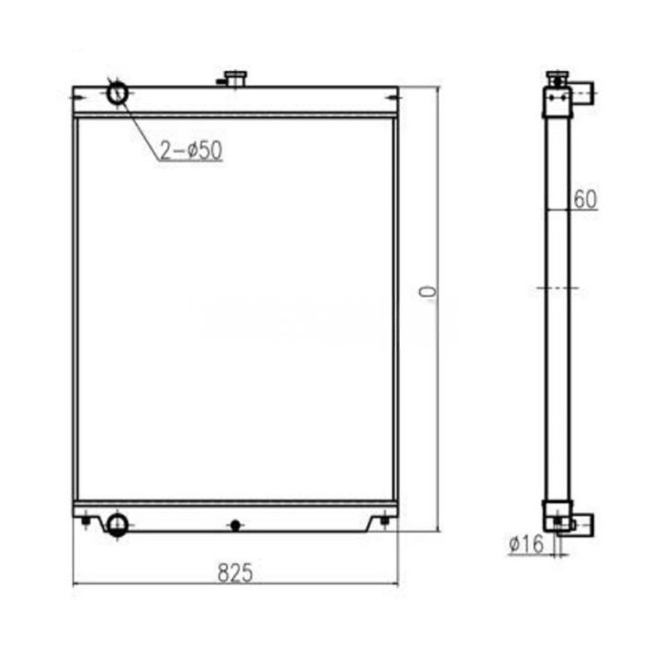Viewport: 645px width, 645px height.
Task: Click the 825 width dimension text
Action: pos(235,571)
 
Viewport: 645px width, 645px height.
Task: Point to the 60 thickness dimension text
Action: pos(585,198)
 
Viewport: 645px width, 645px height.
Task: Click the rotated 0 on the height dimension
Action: pos(426,292)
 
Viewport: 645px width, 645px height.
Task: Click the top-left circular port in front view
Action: pos(118,93)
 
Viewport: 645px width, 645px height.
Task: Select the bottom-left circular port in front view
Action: pos(117,524)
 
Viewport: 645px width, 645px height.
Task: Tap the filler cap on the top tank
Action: pos(236,78)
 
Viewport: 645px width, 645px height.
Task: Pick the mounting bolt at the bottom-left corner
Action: pos(85,523)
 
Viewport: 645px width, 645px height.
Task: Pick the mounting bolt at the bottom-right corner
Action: pos(384,523)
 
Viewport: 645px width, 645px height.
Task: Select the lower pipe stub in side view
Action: pos(582,525)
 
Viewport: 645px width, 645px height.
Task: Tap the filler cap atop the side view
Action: pos(557,75)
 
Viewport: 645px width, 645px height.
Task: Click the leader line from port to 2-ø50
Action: pos(138,124)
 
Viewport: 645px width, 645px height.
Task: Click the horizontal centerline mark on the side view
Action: pos(557,288)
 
